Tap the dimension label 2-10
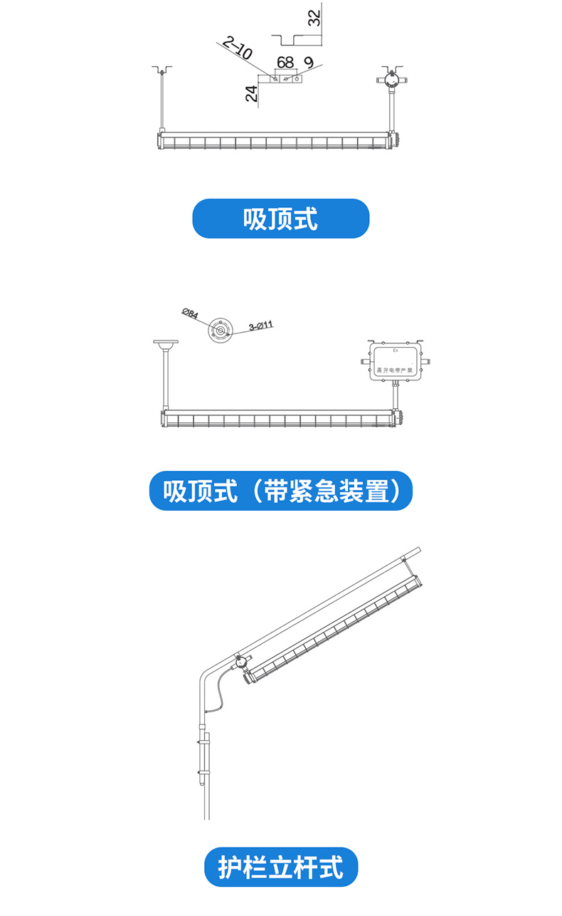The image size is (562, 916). point(237,49)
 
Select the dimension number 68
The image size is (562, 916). point(285,63)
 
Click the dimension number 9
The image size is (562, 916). point(308,63)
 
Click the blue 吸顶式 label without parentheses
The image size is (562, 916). point(281,219)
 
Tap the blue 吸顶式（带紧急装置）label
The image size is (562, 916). point(281,491)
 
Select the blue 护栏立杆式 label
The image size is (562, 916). point(281,867)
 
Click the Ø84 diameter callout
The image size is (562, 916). point(191,313)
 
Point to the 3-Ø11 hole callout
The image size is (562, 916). point(261,327)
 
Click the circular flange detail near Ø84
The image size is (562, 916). point(221,331)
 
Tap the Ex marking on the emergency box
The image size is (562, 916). point(396,350)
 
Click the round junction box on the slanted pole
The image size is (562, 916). point(243,663)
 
